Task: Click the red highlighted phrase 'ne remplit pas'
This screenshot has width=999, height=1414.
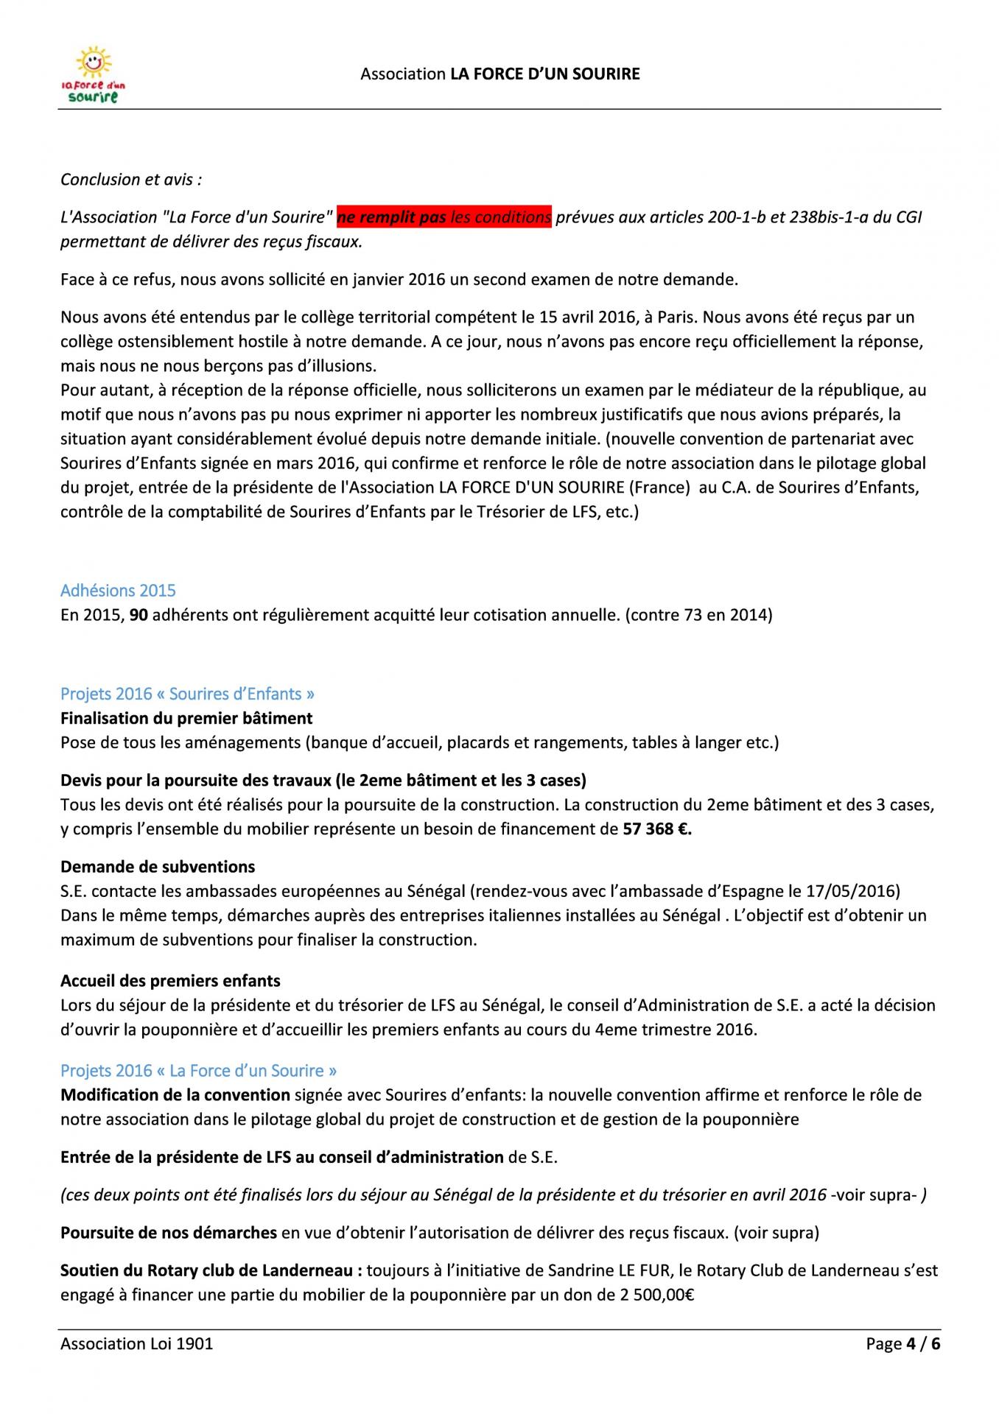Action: coord(392,217)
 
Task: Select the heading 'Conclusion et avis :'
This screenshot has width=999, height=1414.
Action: coord(131,180)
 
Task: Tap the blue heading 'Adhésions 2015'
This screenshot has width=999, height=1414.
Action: coord(118,591)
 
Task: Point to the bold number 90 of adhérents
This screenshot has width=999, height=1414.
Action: coord(139,615)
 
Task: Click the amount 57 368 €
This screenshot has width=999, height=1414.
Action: coord(657,829)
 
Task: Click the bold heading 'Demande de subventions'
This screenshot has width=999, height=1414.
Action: coord(158,867)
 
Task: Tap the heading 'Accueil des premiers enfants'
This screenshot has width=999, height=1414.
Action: coord(170,981)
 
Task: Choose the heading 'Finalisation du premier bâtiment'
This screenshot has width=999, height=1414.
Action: coord(186,718)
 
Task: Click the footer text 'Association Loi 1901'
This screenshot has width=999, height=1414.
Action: coord(136,1343)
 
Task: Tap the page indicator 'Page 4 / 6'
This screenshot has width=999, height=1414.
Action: coord(903,1343)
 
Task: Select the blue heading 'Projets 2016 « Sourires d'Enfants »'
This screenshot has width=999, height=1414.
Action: coord(187,694)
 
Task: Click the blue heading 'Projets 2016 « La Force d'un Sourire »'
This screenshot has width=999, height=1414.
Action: coord(199,1071)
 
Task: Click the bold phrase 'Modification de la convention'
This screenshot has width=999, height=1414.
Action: coord(175,1095)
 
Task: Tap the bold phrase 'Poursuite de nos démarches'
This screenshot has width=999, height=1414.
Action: coord(169,1233)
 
